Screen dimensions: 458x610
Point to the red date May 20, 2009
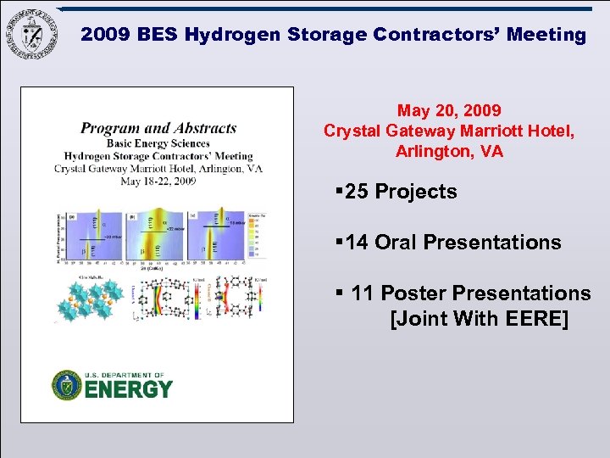pos(449,111)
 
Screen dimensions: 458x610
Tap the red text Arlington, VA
pos(449,152)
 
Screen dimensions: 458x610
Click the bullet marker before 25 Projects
pos(339,192)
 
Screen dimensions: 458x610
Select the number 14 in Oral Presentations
pos(357,243)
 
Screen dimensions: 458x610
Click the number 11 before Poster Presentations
pos(363,293)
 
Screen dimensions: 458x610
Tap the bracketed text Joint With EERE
pos(479,320)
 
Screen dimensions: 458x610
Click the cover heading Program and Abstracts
pos(158,129)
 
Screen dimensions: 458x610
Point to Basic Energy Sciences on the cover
pos(158,142)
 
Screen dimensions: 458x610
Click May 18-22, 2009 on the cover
pos(158,181)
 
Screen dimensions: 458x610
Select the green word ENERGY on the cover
pos(128,390)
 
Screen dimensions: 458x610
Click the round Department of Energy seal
pos(67,385)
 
